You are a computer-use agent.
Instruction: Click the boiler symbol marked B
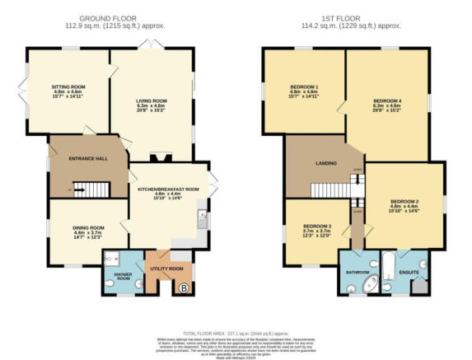[183, 288]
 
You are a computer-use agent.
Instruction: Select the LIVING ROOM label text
[152, 101]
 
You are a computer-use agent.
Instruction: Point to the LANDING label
[325, 163]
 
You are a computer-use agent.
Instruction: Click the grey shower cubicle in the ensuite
[422, 286]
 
